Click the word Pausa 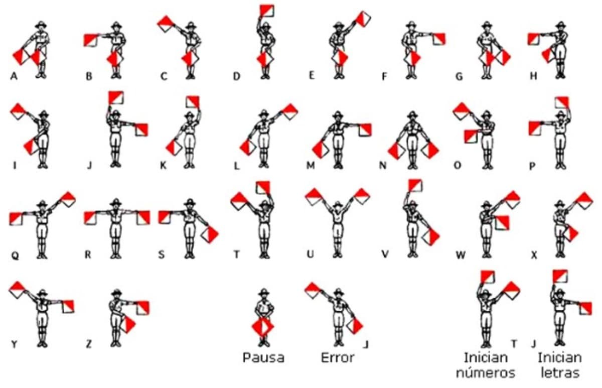pos(263,358)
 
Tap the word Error pos(338,358)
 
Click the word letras pos(560,373)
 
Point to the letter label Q pos(16,255)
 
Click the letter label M pos(311,165)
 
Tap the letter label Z pos(89,344)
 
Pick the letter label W pos(461,255)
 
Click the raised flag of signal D pos(267,10)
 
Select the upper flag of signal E pos(363,19)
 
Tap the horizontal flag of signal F pos(439,39)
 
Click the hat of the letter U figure pos(338,204)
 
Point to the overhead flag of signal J pos(116,97)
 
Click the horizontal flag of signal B pos(91,40)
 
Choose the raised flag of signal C pos(166,24)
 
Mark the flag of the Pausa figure pos(262,327)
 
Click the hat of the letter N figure pos(412,115)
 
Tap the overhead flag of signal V pos(415,186)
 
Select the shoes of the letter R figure pos(116,256)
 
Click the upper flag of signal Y pos(18,290)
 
